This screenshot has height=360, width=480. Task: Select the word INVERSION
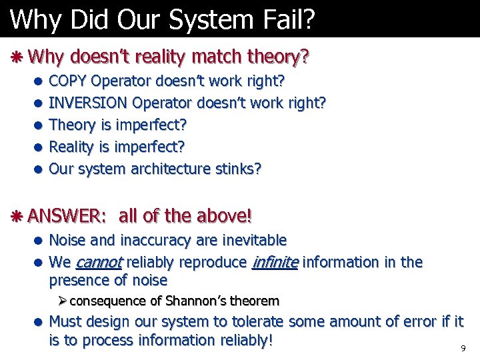(x=89, y=103)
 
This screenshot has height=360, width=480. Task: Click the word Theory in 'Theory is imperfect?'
(x=73, y=125)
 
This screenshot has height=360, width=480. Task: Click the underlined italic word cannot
(x=101, y=262)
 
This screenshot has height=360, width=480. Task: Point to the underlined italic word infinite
(x=275, y=262)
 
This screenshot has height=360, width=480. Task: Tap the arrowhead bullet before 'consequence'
(x=63, y=301)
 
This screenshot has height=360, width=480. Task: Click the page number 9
(x=463, y=349)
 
